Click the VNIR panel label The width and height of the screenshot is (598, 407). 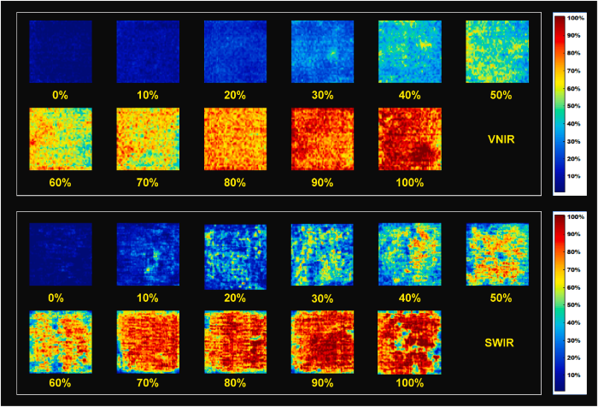point(498,142)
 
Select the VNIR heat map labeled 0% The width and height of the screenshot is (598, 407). point(61,52)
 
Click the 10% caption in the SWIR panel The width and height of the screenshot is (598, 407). point(148,298)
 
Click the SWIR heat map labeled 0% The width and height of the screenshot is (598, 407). point(61,255)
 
